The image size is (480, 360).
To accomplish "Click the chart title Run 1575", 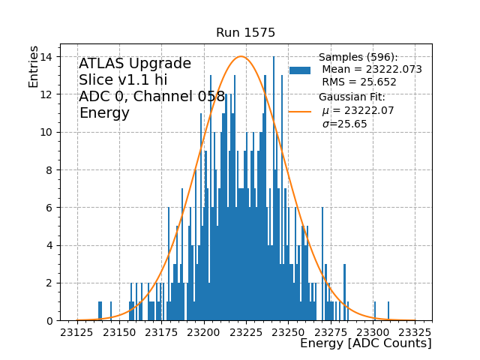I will click(x=245, y=33).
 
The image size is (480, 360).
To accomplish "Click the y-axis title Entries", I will click(x=34, y=66).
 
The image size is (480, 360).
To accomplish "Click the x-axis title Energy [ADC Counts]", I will click(x=365, y=343).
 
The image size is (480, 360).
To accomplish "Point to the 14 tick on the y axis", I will click(x=46, y=56).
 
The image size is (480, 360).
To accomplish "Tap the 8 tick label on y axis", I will click(x=49, y=169).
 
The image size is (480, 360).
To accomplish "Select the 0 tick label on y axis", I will click(x=49, y=320).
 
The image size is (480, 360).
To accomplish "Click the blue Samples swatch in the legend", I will click(x=300, y=70).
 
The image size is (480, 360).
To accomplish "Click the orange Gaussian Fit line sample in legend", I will click(x=300, y=111).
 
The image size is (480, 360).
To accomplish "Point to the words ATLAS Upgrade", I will click(x=135, y=64).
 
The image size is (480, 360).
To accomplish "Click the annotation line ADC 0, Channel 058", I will click(x=151, y=97).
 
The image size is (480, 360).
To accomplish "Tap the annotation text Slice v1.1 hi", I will click(x=123, y=80).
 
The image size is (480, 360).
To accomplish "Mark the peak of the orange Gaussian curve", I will click(x=240, y=56).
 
